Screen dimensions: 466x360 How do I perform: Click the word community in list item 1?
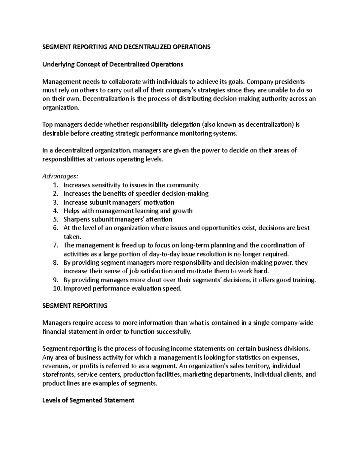point(183,185)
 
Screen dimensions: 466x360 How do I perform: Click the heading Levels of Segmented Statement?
point(88,400)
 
